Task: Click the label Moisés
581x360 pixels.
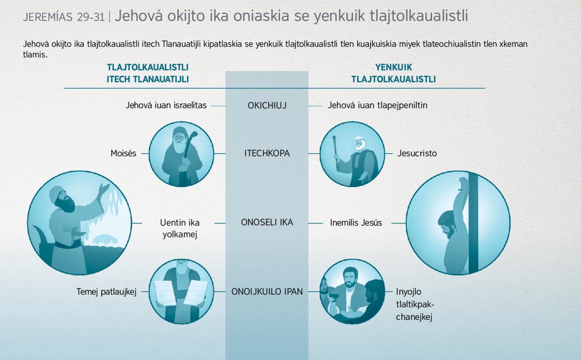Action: coord(123,153)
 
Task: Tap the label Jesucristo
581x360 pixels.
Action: coord(417,153)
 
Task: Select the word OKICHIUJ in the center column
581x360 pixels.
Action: coord(267,105)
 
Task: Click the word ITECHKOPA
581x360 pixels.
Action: coord(267,153)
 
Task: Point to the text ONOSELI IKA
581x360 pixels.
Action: coord(267,223)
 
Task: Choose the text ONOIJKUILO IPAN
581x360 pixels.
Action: coord(267,292)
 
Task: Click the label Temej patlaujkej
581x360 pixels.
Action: coord(107,292)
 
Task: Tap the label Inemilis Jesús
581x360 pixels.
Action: coord(356,223)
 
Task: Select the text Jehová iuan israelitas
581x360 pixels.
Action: coord(166,105)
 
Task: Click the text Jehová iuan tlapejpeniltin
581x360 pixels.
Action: coord(377,105)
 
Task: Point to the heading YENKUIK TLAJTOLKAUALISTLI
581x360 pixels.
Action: coord(394,73)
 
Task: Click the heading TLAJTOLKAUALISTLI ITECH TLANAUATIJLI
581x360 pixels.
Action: coord(148,73)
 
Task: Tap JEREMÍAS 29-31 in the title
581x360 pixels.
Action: coord(64,17)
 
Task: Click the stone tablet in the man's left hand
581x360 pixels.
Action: coord(196,293)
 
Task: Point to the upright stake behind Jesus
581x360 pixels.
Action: coord(473,223)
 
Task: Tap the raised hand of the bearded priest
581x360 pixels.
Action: coord(105,189)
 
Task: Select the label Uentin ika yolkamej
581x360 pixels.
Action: coord(180,228)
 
